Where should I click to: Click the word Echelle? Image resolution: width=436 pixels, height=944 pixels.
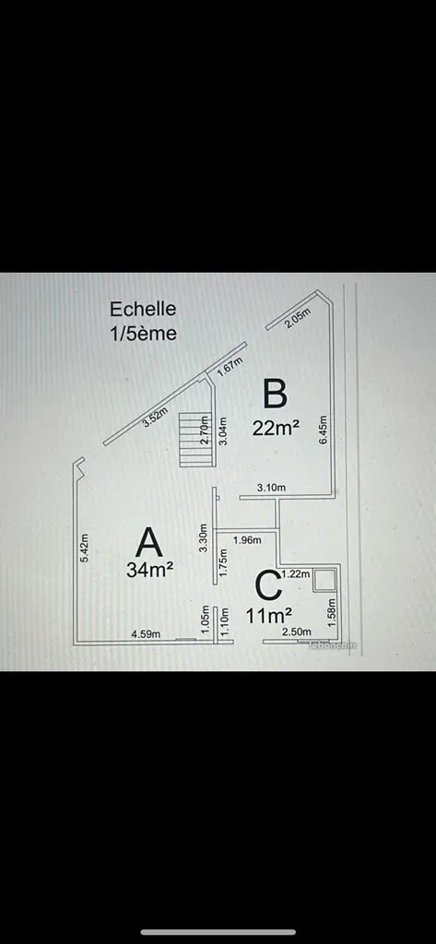coord(143,309)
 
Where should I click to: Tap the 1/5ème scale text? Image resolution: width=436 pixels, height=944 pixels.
coord(143,332)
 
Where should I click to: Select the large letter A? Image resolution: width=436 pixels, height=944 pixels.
coord(149,542)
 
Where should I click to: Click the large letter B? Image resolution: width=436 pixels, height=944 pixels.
coord(275,394)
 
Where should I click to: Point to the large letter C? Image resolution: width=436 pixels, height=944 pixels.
coord(266,586)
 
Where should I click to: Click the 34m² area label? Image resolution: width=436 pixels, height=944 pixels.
coord(150,570)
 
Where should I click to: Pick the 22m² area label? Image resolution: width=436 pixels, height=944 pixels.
coord(276,428)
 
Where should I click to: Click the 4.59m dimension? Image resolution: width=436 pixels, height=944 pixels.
coord(147,633)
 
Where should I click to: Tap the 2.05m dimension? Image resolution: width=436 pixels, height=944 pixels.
coord(298,315)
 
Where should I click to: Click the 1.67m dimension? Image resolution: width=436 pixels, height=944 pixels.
coord(230,366)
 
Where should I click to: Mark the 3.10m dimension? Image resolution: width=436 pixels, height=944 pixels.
coord(271,487)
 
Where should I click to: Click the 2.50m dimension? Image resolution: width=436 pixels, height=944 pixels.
coord(296,631)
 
